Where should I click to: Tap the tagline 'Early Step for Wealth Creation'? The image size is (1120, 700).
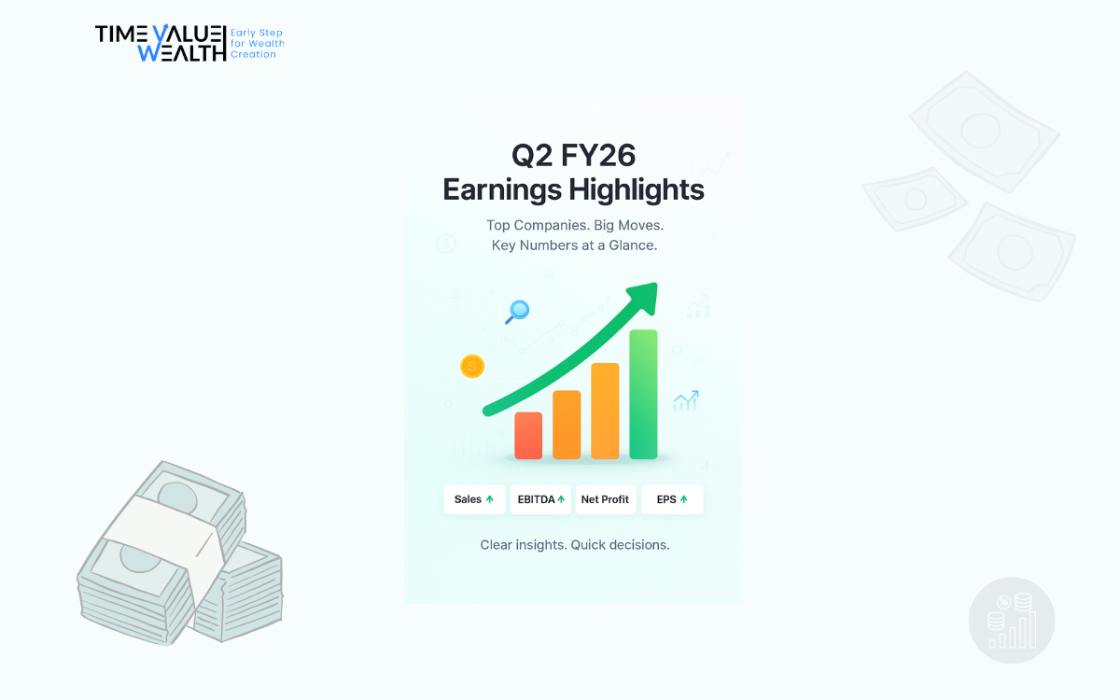258,44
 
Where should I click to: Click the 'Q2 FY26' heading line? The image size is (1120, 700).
573,155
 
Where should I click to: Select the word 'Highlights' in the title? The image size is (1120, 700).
637,190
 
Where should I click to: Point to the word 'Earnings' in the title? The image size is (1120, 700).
502,190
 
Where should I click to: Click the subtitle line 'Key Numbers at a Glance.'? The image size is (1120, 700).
575,245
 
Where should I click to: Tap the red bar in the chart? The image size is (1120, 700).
528,436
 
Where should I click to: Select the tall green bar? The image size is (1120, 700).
643,394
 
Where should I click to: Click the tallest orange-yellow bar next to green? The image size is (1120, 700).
605,411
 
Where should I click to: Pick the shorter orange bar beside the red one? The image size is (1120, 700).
567,425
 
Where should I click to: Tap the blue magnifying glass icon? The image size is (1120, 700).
517,312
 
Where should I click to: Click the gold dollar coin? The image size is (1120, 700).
472,367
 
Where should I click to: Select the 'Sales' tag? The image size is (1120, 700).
474,499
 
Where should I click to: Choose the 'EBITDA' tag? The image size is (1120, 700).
540,499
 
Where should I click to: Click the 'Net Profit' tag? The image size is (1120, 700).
606,499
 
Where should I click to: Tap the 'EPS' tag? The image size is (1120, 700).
672,499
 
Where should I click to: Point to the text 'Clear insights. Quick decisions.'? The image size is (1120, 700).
575,545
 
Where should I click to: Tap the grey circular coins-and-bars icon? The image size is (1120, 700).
1012,621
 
